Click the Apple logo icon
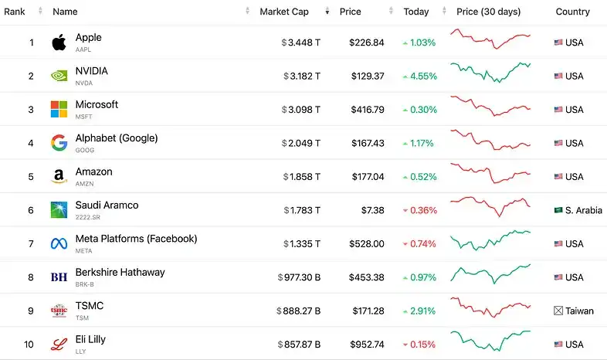tap(59, 42)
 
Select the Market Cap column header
tap(284, 12)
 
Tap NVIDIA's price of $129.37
tap(366, 76)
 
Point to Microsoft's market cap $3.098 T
tap(301, 110)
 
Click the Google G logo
tap(59, 143)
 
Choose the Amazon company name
tap(93, 172)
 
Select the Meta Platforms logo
tap(59, 243)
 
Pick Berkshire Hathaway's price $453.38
tap(366, 277)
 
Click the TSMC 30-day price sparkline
tap(490, 305)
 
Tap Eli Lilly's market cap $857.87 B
tap(298, 345)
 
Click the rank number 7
tap(31, 243)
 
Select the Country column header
tap(572, 12)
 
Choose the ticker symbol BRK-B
tap(85, 284)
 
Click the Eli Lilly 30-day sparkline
tap(490, 339)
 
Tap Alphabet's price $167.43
tap(366, 143)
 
